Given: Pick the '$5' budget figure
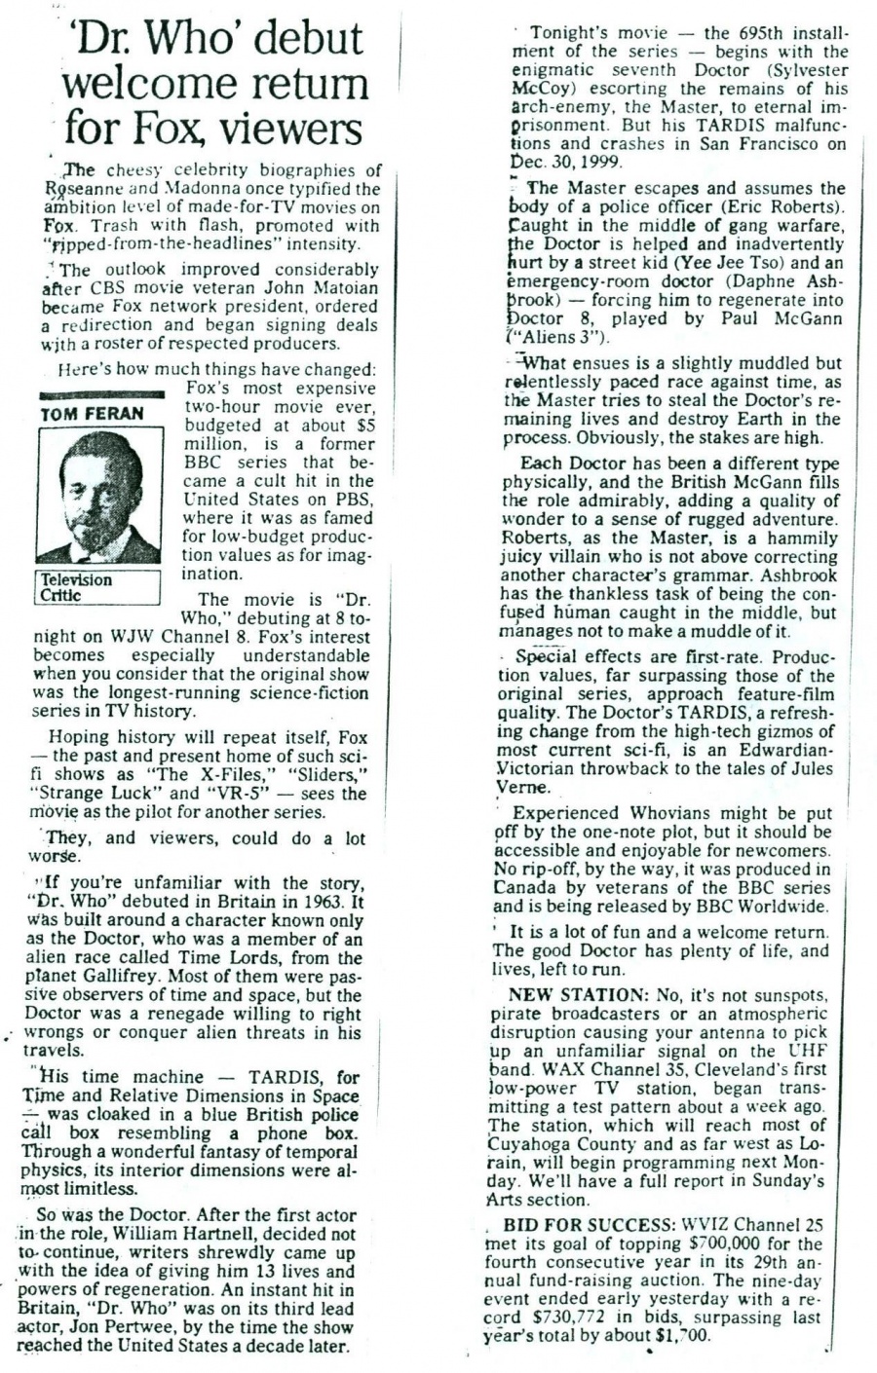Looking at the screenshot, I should (x=363, y=425).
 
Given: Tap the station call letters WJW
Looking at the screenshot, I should (x=102, y=637).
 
